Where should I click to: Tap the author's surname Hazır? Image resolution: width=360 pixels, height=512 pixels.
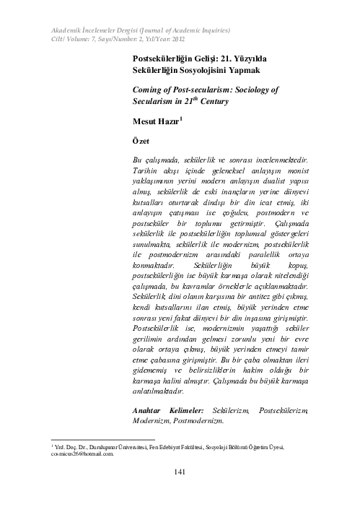[x=172, y=121]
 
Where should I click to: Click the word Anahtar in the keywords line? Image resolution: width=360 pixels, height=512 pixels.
[x=150, y=409]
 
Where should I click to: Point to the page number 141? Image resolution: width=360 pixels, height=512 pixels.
[x=181, y=473]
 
